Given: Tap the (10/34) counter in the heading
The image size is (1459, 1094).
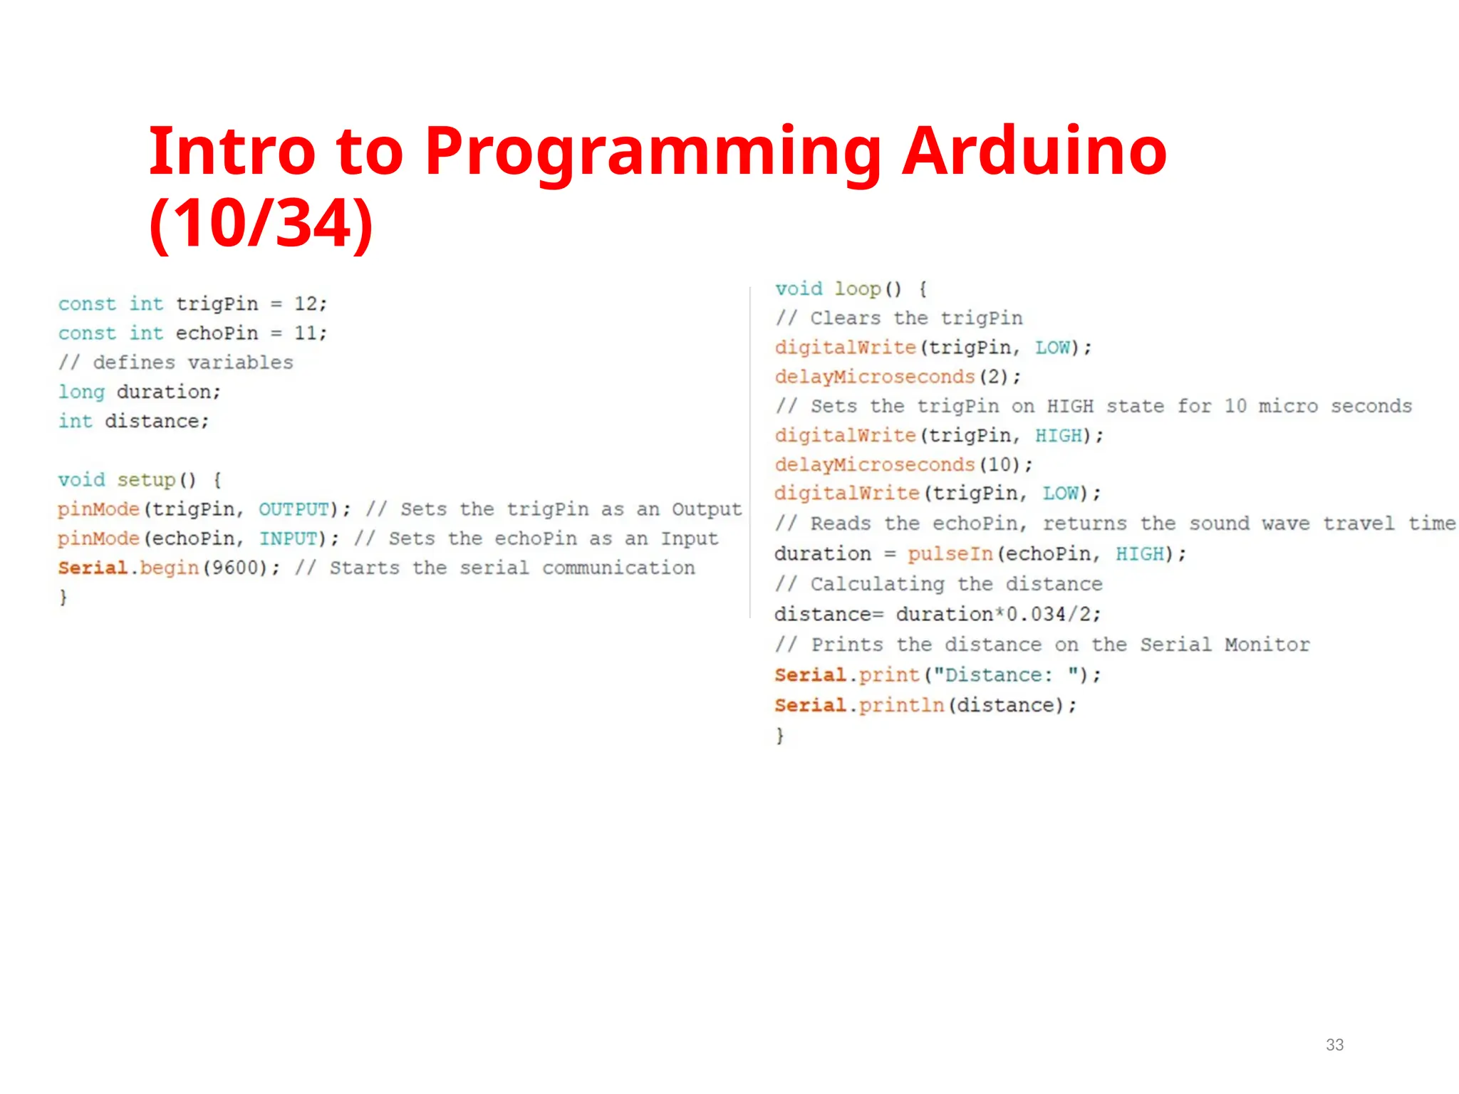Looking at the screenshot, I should (261, 224).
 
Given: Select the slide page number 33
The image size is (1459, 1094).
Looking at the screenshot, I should (1334, 1045).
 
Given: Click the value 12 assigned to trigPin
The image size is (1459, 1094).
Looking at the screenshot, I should (305, 304).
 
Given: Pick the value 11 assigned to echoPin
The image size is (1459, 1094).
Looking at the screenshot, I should (305, 333).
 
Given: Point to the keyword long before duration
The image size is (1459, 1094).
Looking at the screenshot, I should (81, 392).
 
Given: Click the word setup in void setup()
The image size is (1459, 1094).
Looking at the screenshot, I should (146, 480).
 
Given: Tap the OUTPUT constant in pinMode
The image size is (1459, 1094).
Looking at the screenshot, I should (294, 509).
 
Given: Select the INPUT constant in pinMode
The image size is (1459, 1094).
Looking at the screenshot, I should (288, 538).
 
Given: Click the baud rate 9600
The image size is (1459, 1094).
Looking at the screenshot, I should (234, 568).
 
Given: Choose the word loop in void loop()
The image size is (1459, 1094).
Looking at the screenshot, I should (858, 289).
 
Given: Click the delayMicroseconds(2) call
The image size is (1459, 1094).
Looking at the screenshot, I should (898, 377).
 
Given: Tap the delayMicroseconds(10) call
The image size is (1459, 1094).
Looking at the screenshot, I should (903, 465).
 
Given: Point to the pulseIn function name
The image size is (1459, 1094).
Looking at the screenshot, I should (950, 554).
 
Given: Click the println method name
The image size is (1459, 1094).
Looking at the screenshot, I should (901, 705).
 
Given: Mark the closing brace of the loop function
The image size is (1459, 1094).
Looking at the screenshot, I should (780, 735).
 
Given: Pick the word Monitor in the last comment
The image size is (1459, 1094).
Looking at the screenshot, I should (1267, 645).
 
